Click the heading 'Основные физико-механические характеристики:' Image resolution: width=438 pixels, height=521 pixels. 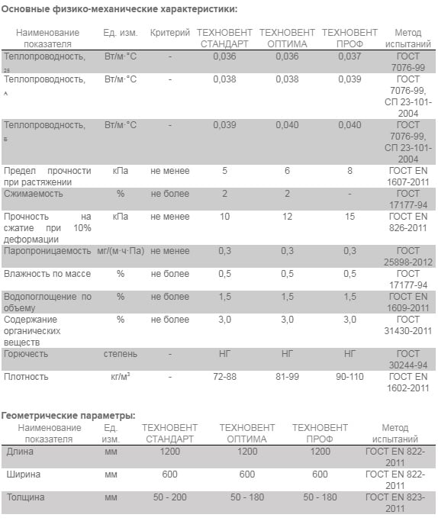(119, 9)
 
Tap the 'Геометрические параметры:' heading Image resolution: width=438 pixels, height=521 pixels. (68, 416)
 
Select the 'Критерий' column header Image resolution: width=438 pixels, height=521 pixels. (170, 33)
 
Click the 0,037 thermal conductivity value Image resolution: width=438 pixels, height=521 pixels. (349, 56)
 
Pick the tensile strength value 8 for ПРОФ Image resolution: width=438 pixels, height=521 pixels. (349, 171)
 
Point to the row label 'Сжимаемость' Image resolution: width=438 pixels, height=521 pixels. (34, 194)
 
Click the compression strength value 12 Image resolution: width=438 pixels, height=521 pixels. (287, 217)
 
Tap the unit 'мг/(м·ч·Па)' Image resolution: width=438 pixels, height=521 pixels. (121, 251)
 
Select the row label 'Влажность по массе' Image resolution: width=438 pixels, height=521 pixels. (47, 274)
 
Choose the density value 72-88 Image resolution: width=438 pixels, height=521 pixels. (224, 377)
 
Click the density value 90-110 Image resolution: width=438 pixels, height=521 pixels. (349, 377)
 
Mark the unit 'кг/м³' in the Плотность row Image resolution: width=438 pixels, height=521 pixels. (121, 377)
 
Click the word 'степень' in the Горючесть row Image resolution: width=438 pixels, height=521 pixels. (121, 354)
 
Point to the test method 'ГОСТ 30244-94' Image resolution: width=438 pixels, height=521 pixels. (408, 359)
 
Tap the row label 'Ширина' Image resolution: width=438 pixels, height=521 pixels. (23, 474)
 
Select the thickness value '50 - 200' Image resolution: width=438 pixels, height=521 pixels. (170, 497)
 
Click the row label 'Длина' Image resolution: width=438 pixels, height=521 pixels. (20, 452)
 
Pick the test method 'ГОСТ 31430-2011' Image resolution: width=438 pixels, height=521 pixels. (408, 325)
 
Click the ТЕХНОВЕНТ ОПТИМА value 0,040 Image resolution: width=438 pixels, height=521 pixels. (287, 125)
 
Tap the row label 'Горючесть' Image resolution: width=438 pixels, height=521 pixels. (26, 354)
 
